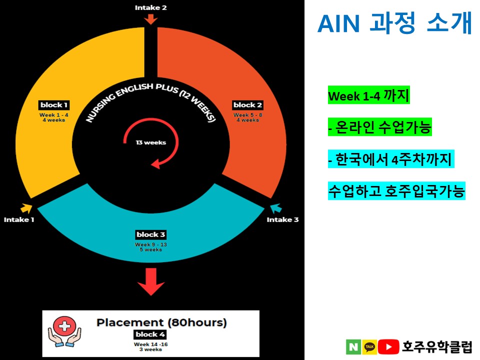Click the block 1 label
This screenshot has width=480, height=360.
[x=53, y=105]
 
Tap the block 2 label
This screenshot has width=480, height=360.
[x=247, y=105]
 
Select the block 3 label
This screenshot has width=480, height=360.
[x=150, y=234]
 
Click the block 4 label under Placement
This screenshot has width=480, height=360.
[x=150, y=334]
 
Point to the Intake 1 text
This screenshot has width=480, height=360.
[x=19, y=219]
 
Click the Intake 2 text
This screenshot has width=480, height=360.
[x=151, y=7]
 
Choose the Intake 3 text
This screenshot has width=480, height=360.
[x=282, y=219]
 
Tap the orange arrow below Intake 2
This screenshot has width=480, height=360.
[x=151, y=19]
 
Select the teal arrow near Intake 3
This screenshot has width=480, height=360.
[x=275, y=207]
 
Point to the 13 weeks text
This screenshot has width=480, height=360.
[x=151, y=142]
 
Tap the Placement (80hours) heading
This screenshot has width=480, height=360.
[x=161, y=322]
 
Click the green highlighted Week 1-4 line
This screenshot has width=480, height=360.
[x=368, y=95]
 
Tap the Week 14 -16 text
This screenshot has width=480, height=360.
[x=150, y=344]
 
